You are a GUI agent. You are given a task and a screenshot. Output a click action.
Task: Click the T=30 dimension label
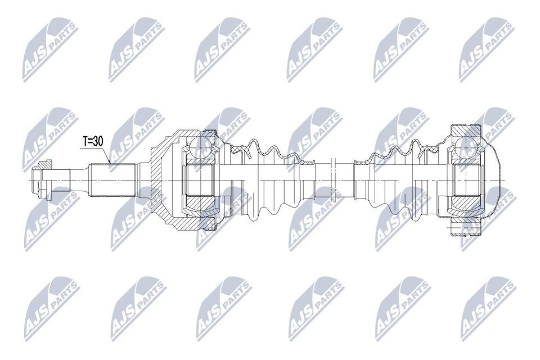93,141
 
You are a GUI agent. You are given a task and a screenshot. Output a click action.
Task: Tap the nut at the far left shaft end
40,180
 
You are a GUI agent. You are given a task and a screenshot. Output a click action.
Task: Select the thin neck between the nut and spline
79,180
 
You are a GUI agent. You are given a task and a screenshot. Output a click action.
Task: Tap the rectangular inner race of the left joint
201,180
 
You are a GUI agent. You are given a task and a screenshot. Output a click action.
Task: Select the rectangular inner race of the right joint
467,180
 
